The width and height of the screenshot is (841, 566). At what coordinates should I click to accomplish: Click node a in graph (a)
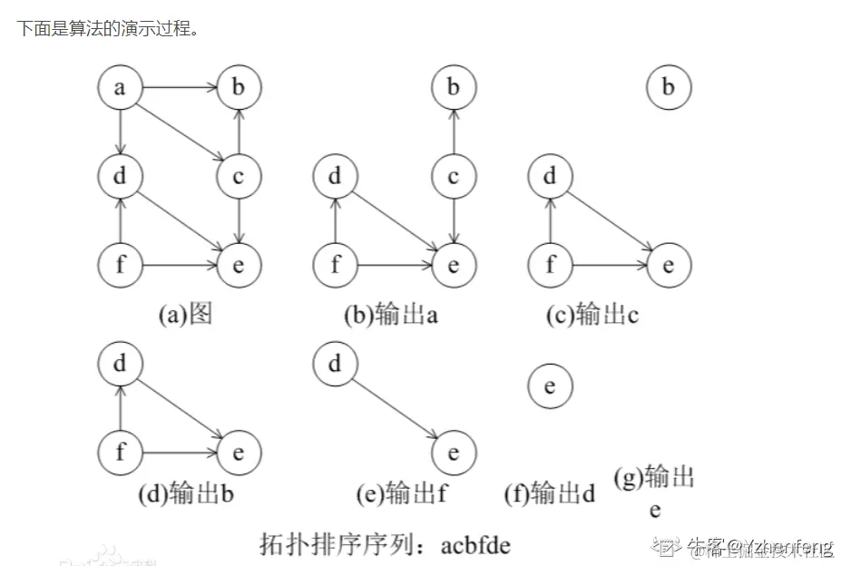pyautogui.click(x=120, y=88)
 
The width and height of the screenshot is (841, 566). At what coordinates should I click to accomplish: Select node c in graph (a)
pyautogui.click(x=239, y=176)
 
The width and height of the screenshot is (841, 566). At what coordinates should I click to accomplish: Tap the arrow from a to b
pyautogui.click(x=179, y=88)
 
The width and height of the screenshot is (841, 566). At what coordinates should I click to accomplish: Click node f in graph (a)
pyautogui.click(x=120, y=265)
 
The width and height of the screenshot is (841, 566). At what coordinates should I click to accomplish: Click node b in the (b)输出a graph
pyautogui.click(x=454, y=88)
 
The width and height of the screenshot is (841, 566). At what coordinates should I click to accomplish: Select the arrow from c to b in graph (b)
pyautogui.click(x=454, y=132)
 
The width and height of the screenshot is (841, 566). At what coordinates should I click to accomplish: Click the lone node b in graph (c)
pyautogui.click(x=669, y=88)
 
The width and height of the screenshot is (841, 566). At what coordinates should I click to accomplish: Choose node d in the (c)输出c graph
pyautogui.click(x=550, y=176)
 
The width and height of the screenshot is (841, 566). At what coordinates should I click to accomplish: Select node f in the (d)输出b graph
pyautogui.click(x=120, y=451)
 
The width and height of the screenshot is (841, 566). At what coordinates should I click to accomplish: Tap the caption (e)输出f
pyautogui.click(x=403, y=494)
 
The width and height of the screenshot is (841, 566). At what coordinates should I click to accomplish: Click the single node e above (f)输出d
pyautogui.click(x=550, y=386)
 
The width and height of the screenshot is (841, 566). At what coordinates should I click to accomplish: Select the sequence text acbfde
pyautogui.click(x=475, y=545)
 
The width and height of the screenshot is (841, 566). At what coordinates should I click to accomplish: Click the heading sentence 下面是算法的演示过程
pyautogui.click(x=108, y=29)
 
